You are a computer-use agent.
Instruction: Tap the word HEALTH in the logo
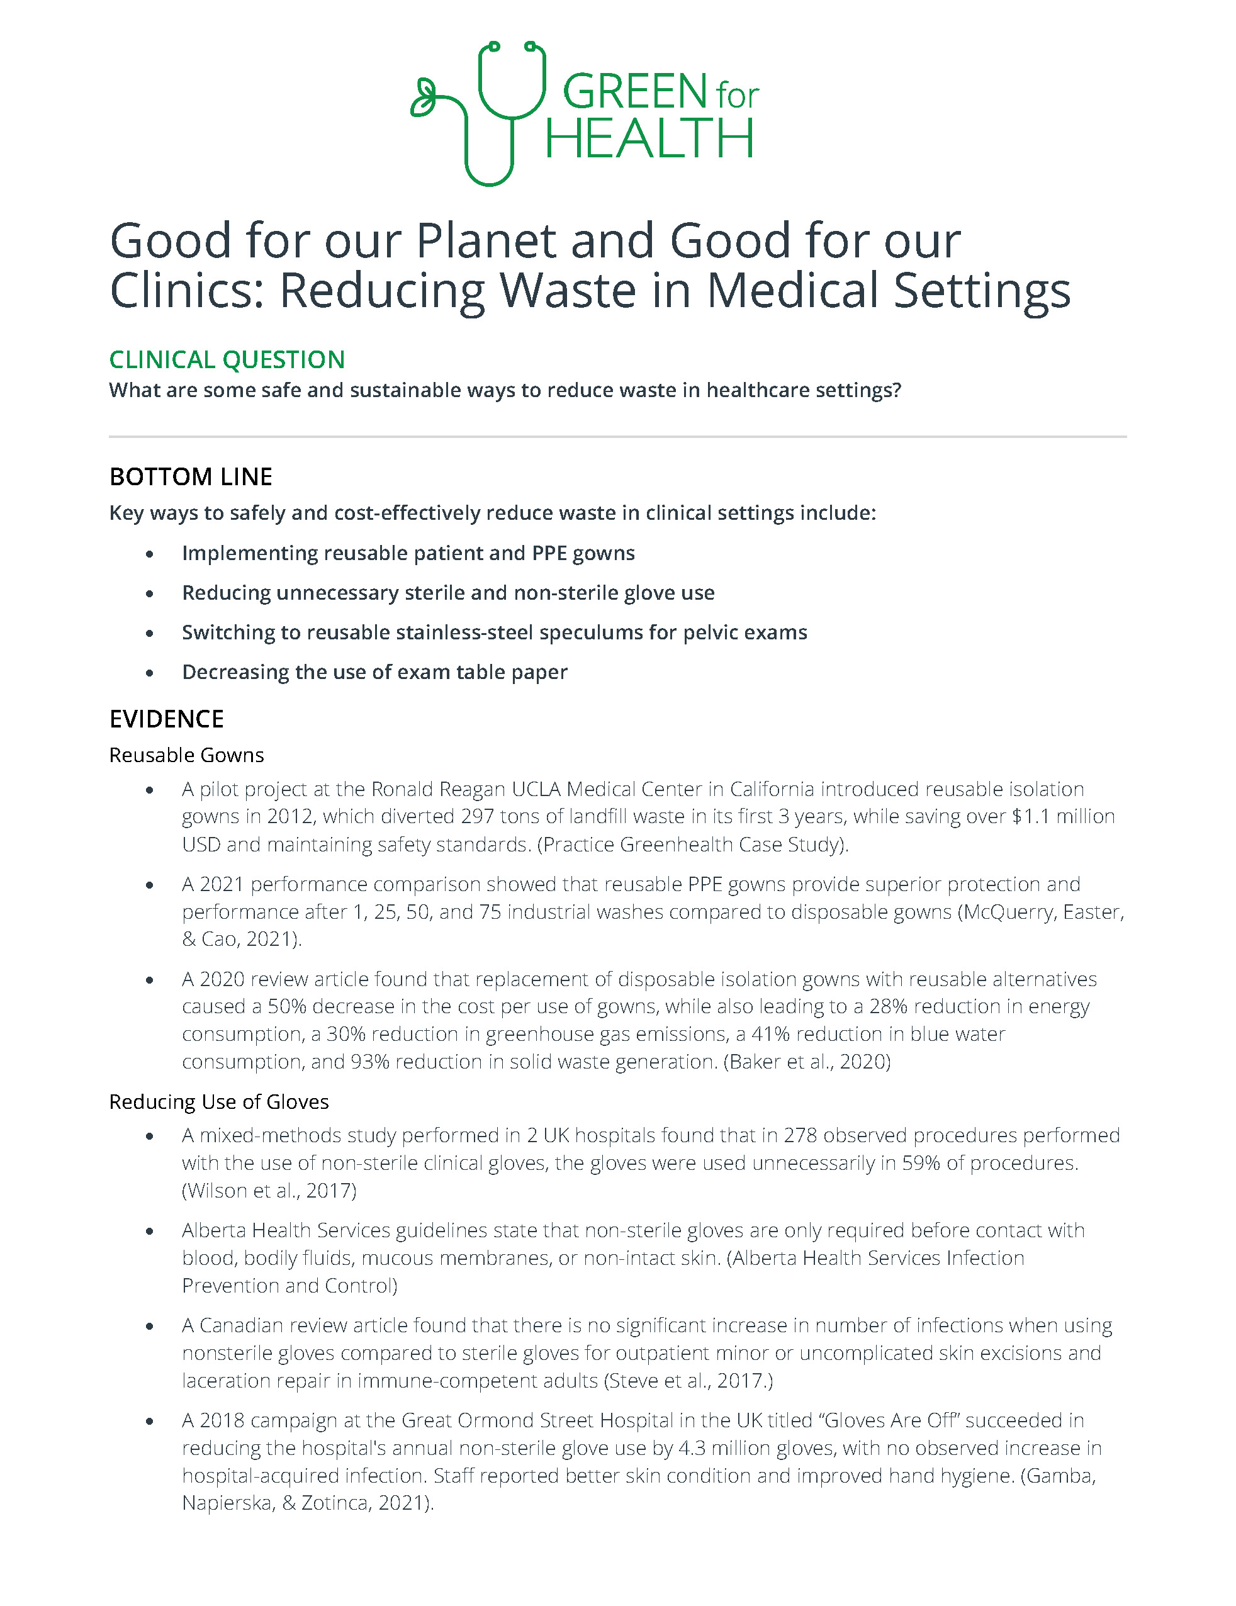click(649, 139)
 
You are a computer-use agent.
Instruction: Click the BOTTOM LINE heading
click(191, 476)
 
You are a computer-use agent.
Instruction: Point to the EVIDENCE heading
click(166, 719)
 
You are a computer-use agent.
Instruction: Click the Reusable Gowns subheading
click(186, 755)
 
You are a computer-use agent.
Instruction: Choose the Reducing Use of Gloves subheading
click(218, 1101)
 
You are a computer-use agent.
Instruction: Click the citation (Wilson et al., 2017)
click(269, 1191)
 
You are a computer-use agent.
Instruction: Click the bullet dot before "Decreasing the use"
click(150, 673)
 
